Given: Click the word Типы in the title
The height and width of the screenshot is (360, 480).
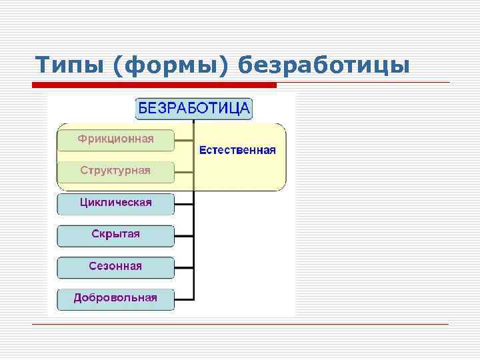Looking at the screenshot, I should click(70, 65).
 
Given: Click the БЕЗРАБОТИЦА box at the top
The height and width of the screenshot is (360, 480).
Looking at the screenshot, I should click(194, 108).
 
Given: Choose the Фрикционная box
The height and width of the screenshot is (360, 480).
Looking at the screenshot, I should click(115, 139).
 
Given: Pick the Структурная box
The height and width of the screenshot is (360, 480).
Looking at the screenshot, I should click(115, 171).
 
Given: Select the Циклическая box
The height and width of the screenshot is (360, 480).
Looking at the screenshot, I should click(115, 203).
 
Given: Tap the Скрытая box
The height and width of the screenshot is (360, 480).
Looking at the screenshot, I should click(115, 235).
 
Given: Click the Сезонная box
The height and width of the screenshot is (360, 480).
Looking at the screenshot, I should click(115, 267).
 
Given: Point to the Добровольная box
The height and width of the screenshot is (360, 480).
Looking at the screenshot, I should click(115, 298).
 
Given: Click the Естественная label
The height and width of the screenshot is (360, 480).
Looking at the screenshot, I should click(237, 150).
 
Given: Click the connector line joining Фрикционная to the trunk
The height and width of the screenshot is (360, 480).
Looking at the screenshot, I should click(184, 140).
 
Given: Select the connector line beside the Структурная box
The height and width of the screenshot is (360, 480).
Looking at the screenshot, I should click(184, 171).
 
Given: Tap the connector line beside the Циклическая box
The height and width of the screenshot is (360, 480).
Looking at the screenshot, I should click(184, 203).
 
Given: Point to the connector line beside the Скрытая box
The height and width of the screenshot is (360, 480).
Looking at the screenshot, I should click(184, 235).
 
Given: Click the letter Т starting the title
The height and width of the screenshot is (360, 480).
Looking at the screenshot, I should click(42, 65).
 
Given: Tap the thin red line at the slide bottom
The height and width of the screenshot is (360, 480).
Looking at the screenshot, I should click(240, 324).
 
